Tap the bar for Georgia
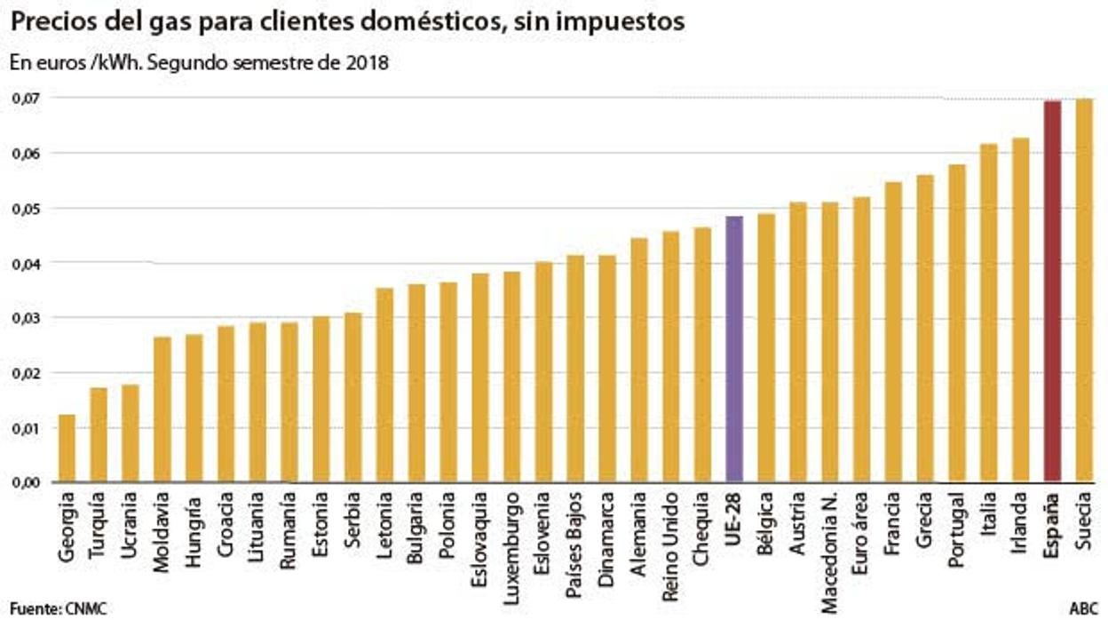67,449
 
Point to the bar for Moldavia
162,409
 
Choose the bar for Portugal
956,323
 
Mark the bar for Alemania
639,360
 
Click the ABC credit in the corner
1083,608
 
